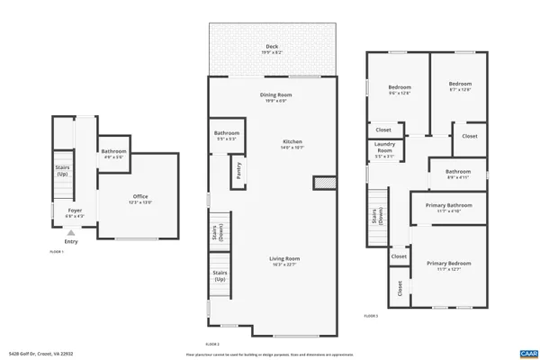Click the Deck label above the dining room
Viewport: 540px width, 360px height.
pyautogui.click(x=272, y=49)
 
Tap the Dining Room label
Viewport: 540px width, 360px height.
pyautogui.click(x=276, y=96)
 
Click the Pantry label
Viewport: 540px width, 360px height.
pyautogui.click(x=238, y=172)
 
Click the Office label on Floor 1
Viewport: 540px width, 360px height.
pyautogui.click(x=140, y=199)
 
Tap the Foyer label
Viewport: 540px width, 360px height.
pyautogui.click(x=75, y=212)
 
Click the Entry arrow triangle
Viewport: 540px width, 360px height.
pyautogui.click(x=71, y=232)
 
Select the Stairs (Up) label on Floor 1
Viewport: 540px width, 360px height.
pyautogui.click(x=62, y=172)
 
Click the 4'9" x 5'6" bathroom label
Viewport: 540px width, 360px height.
pyautogui.click(x=113, y=153)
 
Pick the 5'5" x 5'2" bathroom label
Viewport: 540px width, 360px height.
pyautogui.click(x=227, y=136)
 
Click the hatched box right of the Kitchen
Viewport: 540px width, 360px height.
pyautogui.click(x=324, y=183)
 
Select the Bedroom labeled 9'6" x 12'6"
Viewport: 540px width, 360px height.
pyautogui.click(x=399, y=86)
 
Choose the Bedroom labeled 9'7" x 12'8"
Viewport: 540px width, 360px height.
pyautogui.click(x=459, y=86)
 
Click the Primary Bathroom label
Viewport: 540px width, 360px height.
pyautogui.click(x=448, y=208)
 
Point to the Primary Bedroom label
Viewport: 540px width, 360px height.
pyautogui.click(x=448, y=265)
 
